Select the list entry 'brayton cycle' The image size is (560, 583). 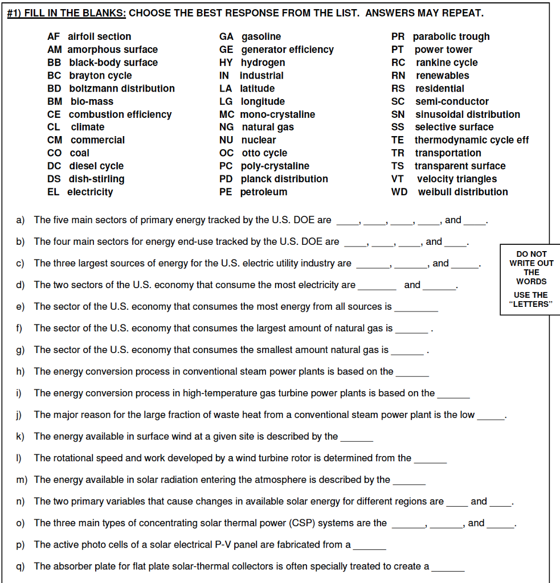[100, 76]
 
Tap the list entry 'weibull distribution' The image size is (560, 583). [463, 192]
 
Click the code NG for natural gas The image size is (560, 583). [226, 127]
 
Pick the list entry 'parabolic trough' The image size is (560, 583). [451, 36]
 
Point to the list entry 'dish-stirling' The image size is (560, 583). [97, 179]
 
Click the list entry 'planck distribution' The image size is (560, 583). [284, 179]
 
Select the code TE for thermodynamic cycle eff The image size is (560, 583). [398, 140]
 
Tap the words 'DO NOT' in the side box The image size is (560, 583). [531, 254]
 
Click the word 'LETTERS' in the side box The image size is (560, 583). [531, 304]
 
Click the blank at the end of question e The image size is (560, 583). [416, 308]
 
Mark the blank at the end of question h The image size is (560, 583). [412, 373]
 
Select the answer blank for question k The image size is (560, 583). [357, 438]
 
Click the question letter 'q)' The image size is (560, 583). [21, 566]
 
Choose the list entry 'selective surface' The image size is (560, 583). [454, 127]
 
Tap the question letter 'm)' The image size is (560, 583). [22, 480]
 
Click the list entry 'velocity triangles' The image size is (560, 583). [456, 179]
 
